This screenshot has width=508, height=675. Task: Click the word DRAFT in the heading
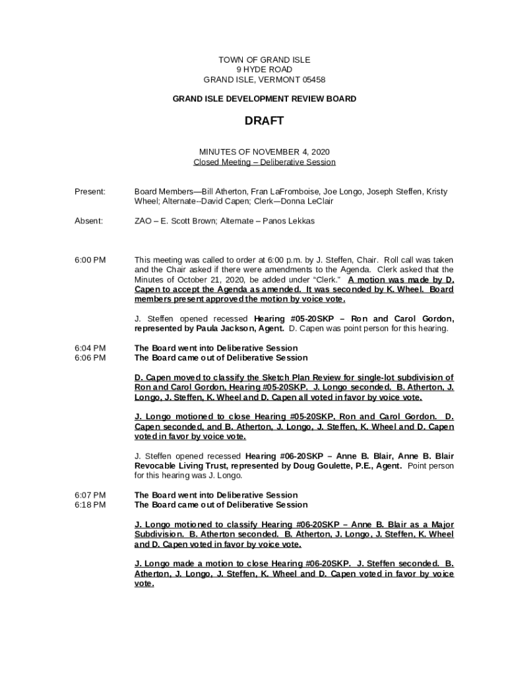pyautogui.click(x=264, y=121)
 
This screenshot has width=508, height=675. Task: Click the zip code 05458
pyautogui.click(x=310, y=80)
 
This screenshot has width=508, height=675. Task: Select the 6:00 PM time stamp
pyautogui.click(x=90, y=260)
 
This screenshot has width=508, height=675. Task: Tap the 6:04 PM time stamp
pyautogui.click(x=90, y=348)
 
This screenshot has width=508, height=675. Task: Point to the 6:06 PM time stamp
pyautogui.click(x=90, y=358)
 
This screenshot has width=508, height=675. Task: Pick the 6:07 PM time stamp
pyautogui.click(x=90, y=495)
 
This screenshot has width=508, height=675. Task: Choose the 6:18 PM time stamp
pyautogui.click(x=90, y=505)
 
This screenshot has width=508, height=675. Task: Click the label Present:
pyautogui.click(x=90, y=192)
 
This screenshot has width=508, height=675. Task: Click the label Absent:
pyautogui.click(x=88, y=221)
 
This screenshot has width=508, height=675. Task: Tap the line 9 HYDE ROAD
pyautogui.click(x=264, y=70)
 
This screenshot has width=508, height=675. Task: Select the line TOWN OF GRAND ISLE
pyautogui.click(x=264, y=60)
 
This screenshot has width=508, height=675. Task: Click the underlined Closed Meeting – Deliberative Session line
pyautogui.click(x=264, y=162)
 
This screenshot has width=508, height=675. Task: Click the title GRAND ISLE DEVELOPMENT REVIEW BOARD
pyautogui.click(x=264, y=99)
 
